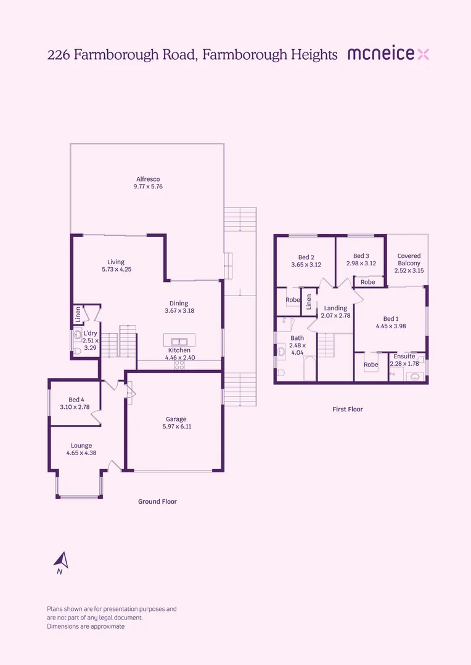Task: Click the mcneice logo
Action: pos(388,54)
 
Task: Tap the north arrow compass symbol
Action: pos(61,561)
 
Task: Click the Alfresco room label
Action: pos(148,179)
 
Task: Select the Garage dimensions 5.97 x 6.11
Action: pos(176,426)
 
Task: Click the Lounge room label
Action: pos(81,446)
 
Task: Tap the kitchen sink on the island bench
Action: pos(179,341)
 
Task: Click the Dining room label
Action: pos(179,304)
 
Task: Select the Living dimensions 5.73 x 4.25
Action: pos(117,269)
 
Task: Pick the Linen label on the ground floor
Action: pos(78,313)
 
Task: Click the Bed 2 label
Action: pos(306,257)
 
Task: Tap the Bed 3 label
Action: pos(361,256)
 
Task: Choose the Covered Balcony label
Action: pos(409,259)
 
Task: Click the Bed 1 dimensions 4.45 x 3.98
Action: pos(390,326)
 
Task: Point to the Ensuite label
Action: pos(404,357)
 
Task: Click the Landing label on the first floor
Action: pos(335,308)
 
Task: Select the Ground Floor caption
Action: pos(157,502)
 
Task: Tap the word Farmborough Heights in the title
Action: pos(269,55)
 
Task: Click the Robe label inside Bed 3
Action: pos(367,282)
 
